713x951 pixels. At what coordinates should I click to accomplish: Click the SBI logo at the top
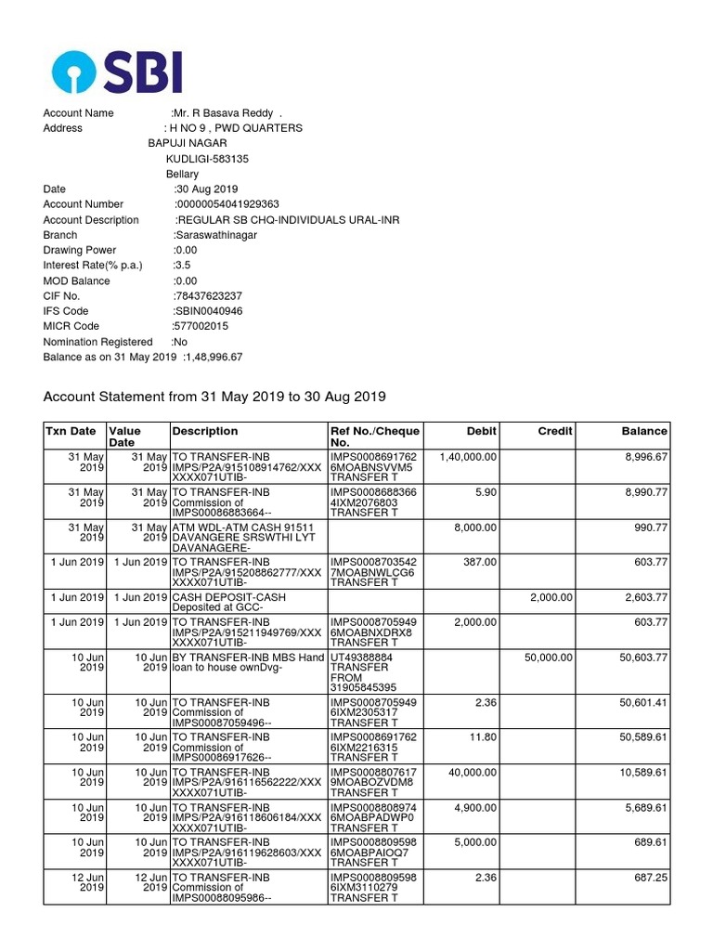(117, 72)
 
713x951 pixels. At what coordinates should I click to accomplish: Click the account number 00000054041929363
(227, 204)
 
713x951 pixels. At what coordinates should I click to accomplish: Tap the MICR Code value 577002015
(200, 327)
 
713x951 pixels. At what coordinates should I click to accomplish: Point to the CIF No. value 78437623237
(208, 296)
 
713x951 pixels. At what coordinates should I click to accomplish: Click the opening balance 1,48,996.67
(214, 358)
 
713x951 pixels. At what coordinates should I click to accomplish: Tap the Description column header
(203, 431)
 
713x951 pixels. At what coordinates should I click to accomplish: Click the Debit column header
(482, 431)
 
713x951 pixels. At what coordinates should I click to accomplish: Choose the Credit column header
(555, 431)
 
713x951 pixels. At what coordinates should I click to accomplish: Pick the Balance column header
(644, 431)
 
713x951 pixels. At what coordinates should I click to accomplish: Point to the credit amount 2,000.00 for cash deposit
(551, 597)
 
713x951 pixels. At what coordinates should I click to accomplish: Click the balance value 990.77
(648, 528)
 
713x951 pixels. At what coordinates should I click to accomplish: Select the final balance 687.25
(648, 876)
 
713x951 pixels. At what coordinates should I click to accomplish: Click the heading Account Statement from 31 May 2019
(214, 397)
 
